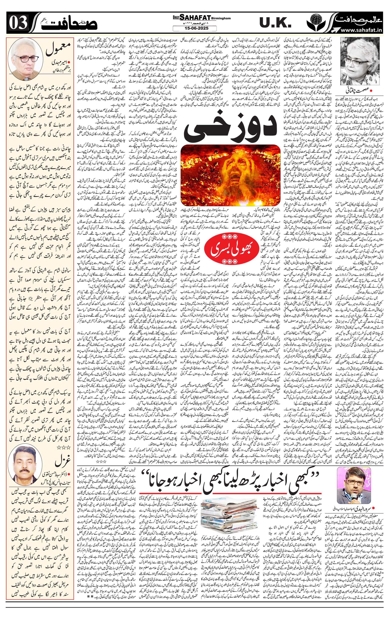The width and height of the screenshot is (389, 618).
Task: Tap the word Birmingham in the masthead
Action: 221,18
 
